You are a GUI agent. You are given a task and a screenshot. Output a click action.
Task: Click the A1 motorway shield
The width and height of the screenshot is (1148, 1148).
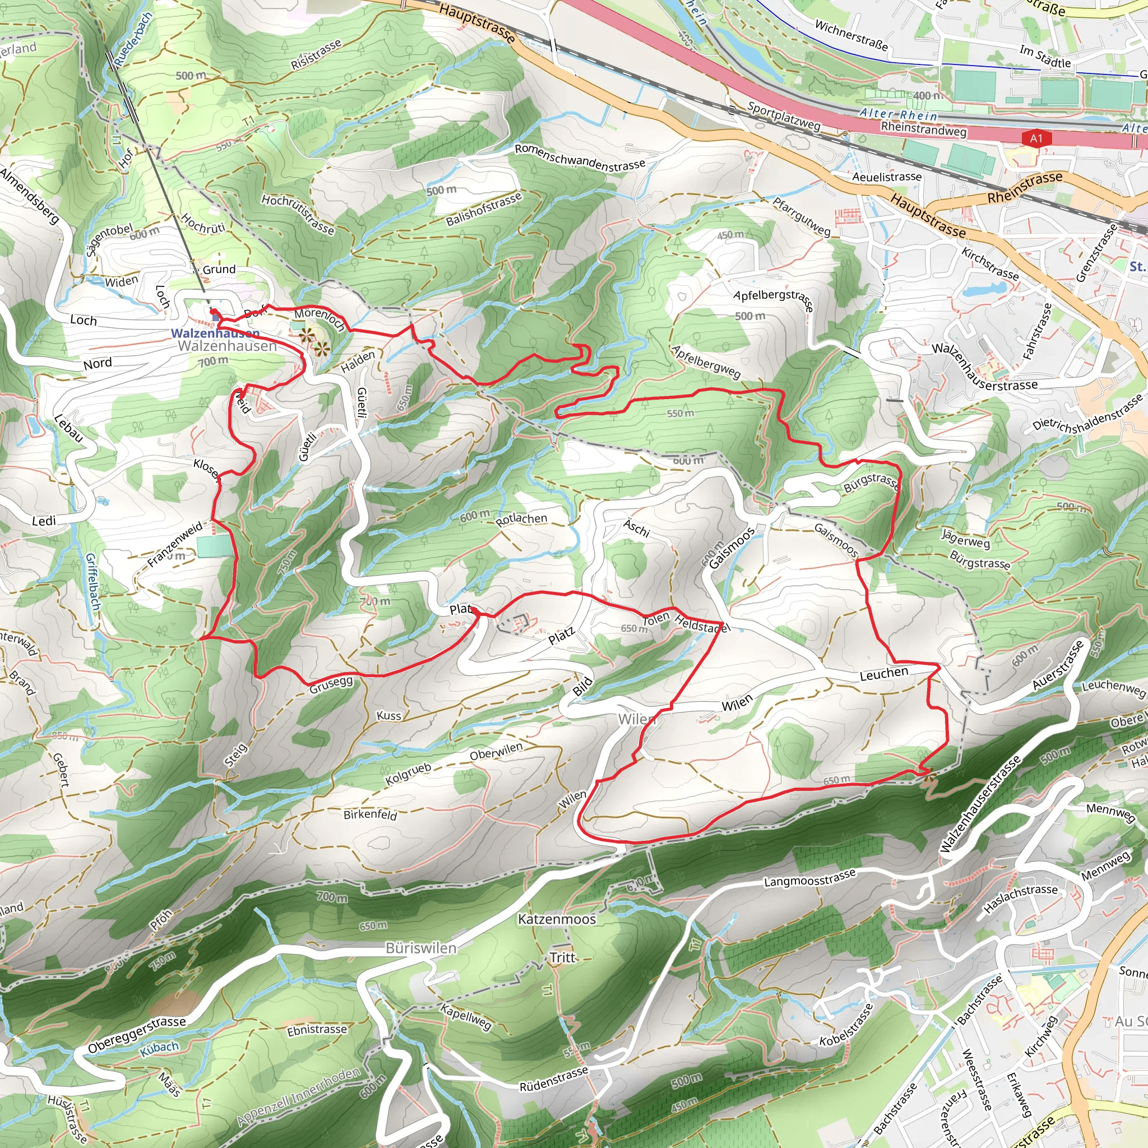pos(1036,138)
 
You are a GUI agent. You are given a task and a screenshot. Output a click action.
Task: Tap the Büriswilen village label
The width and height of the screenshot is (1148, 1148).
pos(421,948)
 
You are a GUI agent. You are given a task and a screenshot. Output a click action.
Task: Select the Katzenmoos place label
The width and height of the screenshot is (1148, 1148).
pos(557,919)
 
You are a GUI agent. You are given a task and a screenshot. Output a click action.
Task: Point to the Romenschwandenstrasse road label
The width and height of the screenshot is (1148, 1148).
pos(580,157)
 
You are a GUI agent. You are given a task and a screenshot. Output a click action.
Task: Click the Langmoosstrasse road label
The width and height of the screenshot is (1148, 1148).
pos(809,878)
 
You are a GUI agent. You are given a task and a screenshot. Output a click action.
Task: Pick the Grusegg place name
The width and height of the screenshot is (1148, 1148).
pos(331,684)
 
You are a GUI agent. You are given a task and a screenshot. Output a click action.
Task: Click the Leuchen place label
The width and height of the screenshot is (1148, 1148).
pos(883,674)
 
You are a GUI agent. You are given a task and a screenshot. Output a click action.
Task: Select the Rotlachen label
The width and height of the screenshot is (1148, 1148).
pos(521,519)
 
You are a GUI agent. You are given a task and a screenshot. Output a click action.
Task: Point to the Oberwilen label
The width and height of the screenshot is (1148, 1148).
pos(496,751)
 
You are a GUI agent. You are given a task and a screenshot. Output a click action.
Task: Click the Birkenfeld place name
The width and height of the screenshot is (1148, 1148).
pos(369,814)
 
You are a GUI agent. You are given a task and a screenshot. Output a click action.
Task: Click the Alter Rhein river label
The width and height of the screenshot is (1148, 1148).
pos(898,114)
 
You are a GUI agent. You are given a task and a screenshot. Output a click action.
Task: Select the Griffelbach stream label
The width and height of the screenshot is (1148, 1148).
pos(91,581)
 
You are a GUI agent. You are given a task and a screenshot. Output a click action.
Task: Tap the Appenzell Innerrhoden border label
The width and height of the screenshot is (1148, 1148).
pos(298,1097)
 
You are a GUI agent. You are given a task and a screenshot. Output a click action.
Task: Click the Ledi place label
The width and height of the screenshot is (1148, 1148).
pos(44,521)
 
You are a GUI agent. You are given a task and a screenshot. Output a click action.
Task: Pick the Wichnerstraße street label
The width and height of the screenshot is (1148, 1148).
pos(851,35)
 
